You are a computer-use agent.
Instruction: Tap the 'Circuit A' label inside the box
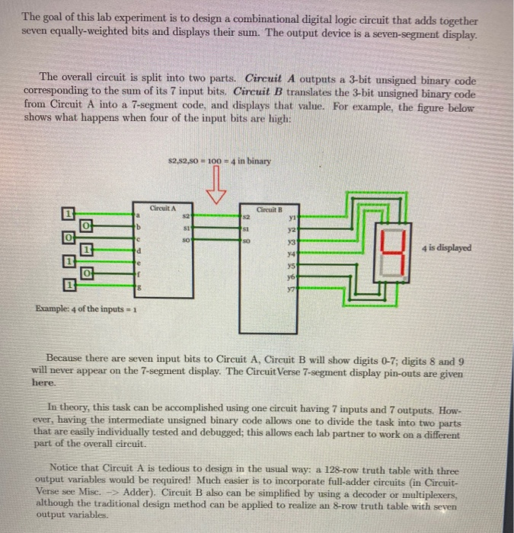[163, 207]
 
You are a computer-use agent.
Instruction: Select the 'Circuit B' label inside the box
[270, 207]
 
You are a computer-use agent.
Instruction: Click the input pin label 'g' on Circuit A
[139, 286]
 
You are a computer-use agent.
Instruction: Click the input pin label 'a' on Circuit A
[139, 215]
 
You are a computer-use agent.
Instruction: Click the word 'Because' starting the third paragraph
[69, 357]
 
